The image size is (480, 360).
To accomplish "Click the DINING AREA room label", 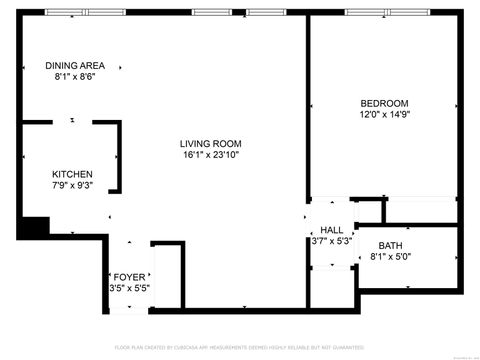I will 75,66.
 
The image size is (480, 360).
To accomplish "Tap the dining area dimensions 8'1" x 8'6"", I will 75,77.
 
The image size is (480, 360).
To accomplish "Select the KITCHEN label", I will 72,173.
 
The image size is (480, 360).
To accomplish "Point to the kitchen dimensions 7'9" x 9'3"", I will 72,185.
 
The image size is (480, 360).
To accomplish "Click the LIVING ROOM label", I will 211,143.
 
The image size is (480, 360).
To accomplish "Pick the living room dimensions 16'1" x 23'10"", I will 211,155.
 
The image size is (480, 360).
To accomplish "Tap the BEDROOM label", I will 385,103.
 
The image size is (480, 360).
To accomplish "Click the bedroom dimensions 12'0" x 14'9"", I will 385,115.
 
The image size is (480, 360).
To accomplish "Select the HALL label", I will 331,229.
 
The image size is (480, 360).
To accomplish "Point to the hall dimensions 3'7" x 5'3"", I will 331,240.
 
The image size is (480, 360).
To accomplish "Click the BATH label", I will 391,245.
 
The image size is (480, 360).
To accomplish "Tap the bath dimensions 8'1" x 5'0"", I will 391,257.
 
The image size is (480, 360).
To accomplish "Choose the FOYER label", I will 129,276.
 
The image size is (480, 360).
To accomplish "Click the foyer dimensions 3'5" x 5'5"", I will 129,288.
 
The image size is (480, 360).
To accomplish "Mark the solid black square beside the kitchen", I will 33,228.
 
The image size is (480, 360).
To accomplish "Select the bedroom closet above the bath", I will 420,211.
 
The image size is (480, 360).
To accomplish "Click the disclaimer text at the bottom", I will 239,347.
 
